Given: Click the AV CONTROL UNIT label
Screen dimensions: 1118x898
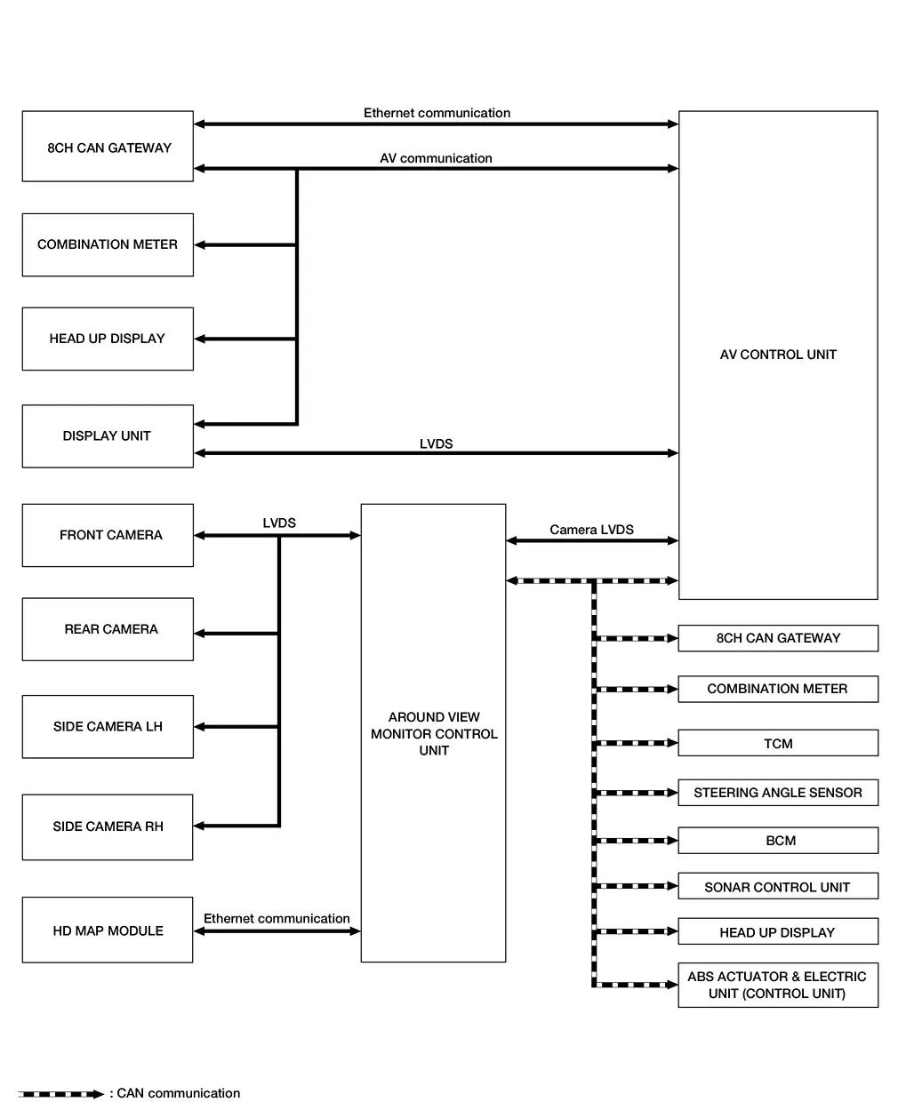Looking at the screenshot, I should click(778, 355).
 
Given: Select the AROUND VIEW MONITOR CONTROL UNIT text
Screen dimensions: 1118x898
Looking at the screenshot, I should click(434, 733).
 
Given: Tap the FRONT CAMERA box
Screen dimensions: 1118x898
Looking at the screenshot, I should click(108, 535).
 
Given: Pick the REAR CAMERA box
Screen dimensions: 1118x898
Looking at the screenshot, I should click(108, 629).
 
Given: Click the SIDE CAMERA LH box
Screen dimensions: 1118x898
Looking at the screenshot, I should click(108, 726).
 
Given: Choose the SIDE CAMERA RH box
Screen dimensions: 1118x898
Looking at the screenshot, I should click(108, 827).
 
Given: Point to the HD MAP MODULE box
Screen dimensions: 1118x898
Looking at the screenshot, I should click(108, 930).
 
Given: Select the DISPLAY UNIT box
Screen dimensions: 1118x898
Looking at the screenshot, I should click(108, 436).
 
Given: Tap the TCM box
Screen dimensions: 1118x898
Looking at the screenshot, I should click(778, 743).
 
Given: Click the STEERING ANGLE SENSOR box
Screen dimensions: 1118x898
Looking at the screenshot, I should click(778, 793).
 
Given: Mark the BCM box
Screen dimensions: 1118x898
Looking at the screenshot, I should click(778, 841).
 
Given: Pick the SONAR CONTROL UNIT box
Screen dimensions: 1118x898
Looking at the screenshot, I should click(778, 887).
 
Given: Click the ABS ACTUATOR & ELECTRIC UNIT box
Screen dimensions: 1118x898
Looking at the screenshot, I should click(778, 985).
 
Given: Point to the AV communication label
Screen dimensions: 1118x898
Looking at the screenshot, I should click(436, 158).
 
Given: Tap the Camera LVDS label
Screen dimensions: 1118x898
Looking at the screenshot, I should click(591, 530).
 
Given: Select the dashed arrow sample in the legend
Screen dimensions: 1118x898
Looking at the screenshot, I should click(60, 1094).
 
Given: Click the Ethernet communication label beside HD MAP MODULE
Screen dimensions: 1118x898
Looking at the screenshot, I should click(277, 919).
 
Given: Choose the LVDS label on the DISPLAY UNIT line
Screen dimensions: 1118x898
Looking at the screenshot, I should click(436, 443).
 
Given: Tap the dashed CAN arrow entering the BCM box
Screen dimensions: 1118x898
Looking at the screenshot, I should click(636, 841).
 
